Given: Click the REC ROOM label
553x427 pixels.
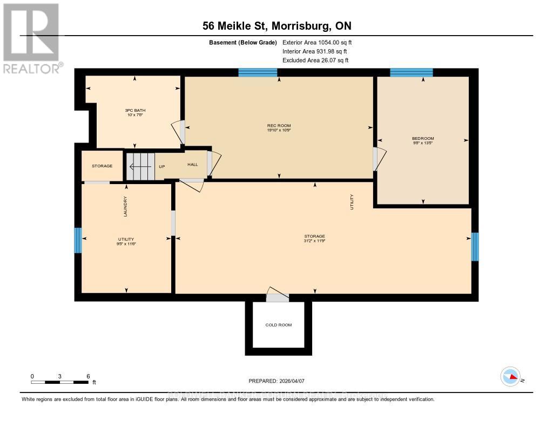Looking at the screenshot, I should pos(279,126).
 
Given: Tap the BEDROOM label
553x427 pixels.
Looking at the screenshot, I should pos(423,138).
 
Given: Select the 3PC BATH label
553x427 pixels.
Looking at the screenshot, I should pos(135,111).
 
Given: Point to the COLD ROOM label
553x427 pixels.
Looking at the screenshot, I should pos(279,325).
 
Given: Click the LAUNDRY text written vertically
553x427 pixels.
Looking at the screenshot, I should pos(125,206).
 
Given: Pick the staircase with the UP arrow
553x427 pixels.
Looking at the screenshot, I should pos(140,166).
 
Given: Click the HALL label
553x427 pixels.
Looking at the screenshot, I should pos(193,165).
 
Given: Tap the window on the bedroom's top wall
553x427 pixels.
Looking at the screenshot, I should pos(412,72).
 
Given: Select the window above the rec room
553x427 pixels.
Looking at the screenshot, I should pos(258,72).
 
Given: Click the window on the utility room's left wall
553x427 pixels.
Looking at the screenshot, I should pos(78,240).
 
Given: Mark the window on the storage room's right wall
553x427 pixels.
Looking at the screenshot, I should pos(475,246).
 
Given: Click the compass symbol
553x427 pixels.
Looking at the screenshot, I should pos(510,377).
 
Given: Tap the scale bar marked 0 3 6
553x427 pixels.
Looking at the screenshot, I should pos(59,382).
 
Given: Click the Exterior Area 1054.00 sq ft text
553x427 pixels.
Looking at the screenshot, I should pos(317,42).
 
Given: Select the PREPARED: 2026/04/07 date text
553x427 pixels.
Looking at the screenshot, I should pos(276,381).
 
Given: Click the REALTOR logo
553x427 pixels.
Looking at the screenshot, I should pos(31,38).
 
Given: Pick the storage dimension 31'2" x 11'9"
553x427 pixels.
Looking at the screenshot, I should pos(314,241).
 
